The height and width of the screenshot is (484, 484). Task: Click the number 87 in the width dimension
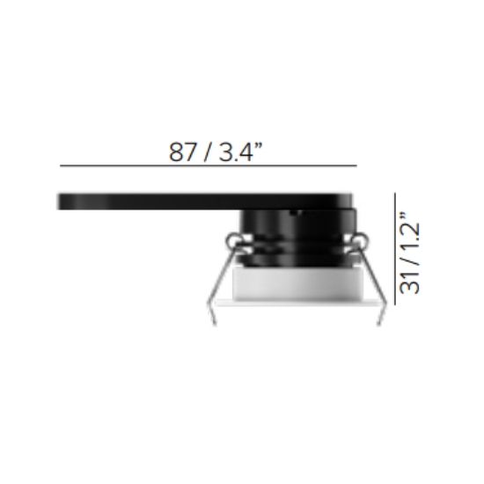click(182, 152)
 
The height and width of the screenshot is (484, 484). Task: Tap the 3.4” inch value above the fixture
click(240, 151)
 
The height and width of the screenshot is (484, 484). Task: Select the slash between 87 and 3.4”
click(207, 152)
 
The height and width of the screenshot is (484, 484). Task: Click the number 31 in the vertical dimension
click(410, 282)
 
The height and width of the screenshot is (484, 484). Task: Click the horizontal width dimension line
click(209, 165)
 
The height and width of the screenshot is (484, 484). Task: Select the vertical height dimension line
click(395, 249)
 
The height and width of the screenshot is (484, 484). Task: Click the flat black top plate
click(205, 202)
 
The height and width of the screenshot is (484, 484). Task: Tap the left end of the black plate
click(58, 202)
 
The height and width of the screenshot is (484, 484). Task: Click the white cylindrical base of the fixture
click(297, 284)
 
